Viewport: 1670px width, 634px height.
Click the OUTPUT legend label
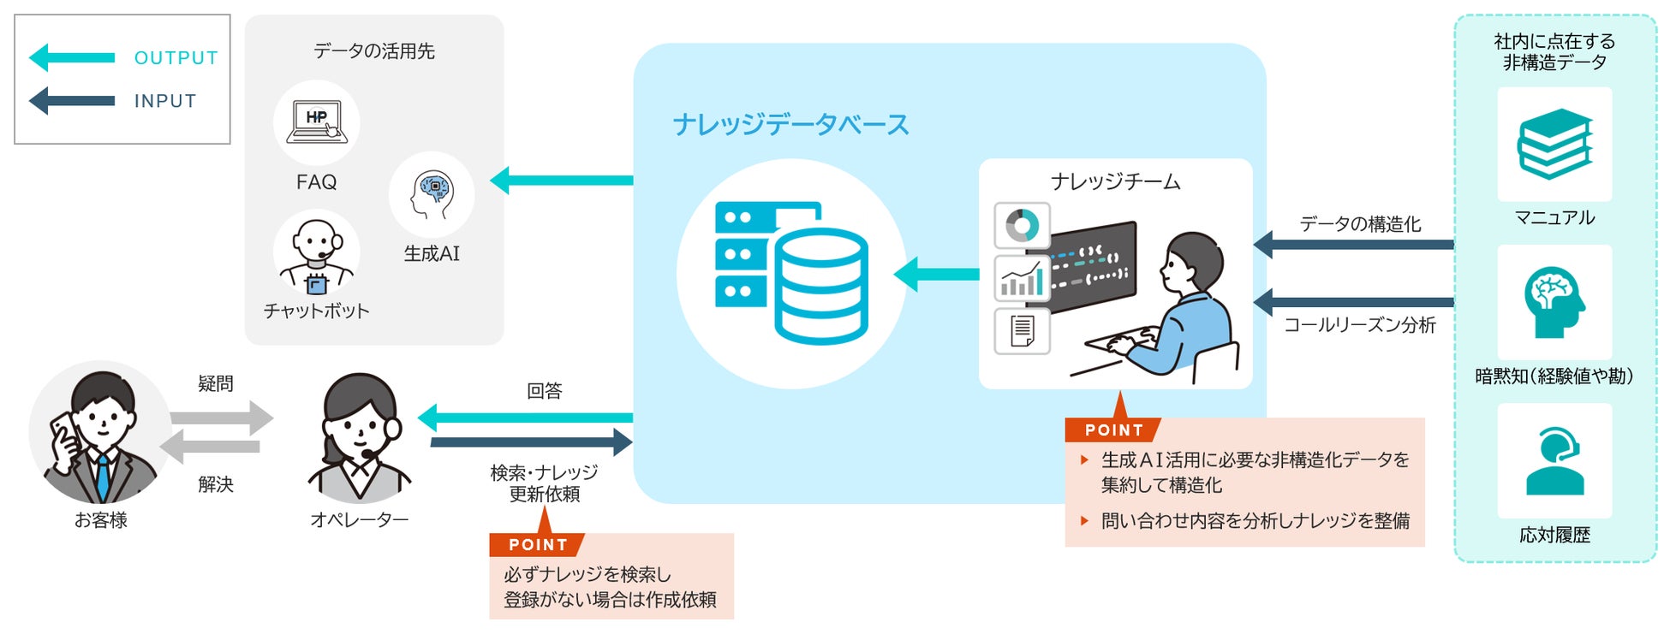click(176, 58)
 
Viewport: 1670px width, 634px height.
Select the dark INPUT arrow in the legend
click(72, 101)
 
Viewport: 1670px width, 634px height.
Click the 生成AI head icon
click(432, 195)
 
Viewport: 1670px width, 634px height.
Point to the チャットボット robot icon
click(316, 256)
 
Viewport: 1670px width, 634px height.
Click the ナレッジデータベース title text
click(790, 125)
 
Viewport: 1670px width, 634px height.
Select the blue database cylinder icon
click(820, 285)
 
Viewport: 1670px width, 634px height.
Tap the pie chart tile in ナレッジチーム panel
click(1022, 226)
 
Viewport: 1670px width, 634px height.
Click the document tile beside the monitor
click(1022, 331)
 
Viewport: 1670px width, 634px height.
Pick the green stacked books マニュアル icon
click(1554, 144)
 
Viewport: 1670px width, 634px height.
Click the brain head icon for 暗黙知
click(1554, 301)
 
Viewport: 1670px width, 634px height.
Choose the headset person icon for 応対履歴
click(1554, 461)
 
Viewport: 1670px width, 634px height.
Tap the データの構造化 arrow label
click(1360, 224)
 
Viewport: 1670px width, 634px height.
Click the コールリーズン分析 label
click(1360, 325)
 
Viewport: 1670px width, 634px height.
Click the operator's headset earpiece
click(393, 427)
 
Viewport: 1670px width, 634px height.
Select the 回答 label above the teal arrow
click(545, 391)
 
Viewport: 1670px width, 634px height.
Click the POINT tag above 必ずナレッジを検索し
click(537, 544)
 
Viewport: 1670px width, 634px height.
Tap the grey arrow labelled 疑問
click(222, 418)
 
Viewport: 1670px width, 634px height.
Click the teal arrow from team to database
click(936, 275)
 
